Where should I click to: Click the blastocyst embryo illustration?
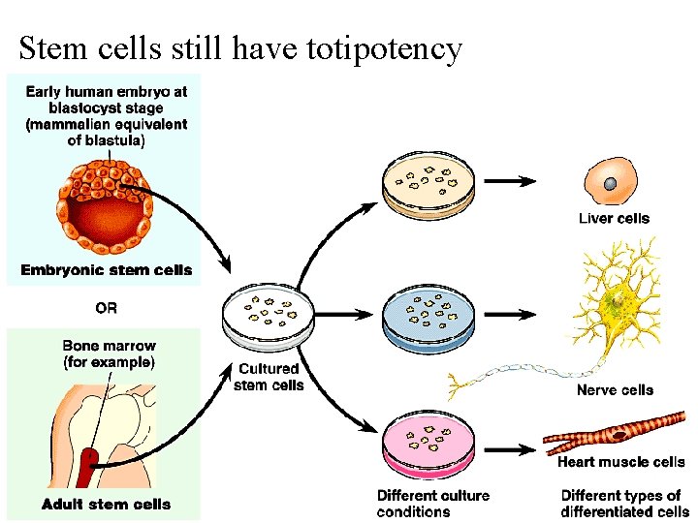(107, 204)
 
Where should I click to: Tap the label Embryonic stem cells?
(107, 270)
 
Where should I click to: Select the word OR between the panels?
(107, 308)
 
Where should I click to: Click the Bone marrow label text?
(109, 354)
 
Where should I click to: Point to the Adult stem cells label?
(107, 504)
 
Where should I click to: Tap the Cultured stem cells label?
(269, 376)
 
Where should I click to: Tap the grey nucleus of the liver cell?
(611, 184)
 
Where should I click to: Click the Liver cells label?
(614, 219)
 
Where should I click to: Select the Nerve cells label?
(615, 390)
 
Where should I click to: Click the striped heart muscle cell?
(620, 436)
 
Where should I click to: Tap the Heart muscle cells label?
(620, 463)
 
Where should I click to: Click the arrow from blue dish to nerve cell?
(509, 315)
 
